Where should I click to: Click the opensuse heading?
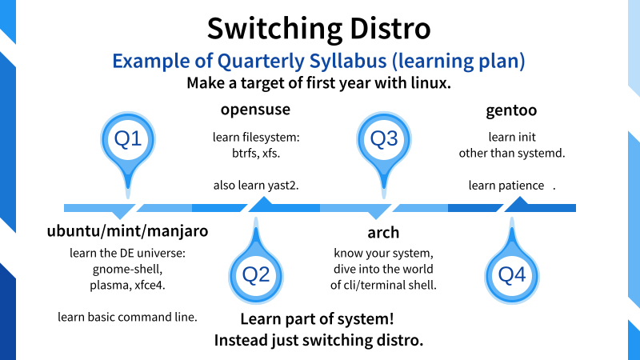[x=255, y=110]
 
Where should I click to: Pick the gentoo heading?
[x=511, y=110]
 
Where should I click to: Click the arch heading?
[x=383, y=233]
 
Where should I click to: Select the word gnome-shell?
[x=127, y=270]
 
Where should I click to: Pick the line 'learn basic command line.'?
[x=127, y=317]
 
